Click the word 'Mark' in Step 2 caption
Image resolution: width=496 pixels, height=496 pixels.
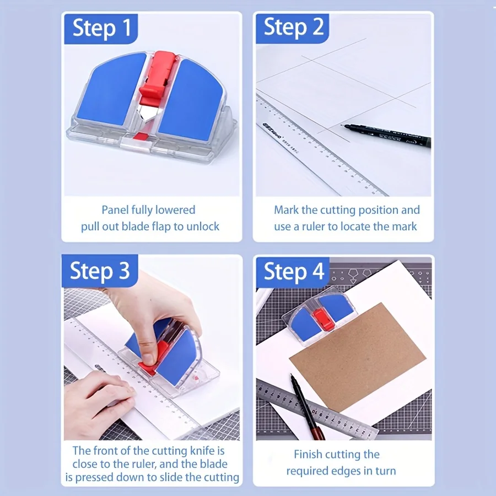[x=287, y=210]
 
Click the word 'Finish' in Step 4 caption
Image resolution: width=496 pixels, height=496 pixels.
[x=310, y=455]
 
